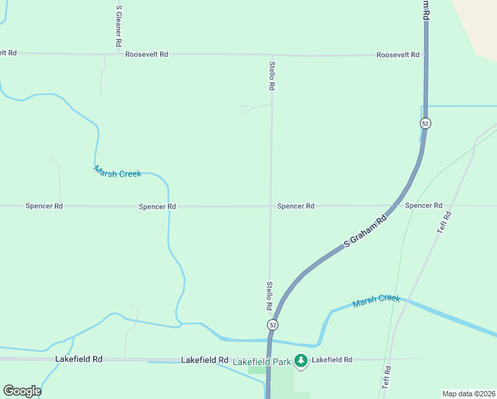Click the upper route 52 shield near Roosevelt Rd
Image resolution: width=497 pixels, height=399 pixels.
point(425,123)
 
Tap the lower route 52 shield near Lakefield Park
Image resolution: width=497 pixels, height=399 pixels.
point(272,325)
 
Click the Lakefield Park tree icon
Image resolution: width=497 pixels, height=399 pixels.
point(301,360)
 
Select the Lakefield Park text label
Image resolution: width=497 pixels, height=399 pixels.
point(262,362)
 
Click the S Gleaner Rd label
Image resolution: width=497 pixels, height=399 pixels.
point(118,25)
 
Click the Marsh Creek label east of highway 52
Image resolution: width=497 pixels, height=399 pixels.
point(376,300)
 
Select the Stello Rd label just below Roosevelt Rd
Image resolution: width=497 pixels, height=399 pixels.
point(272,76)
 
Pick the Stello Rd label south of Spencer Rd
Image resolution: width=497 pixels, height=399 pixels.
point(270,295)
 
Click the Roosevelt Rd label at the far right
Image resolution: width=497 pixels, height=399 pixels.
point(397,55)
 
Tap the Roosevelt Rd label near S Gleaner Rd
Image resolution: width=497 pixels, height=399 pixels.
point(147,54)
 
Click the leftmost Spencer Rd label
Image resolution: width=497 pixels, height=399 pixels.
point(44,206)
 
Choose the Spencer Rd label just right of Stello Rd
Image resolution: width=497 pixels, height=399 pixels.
point(296,206)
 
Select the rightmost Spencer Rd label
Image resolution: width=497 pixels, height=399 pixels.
point(423,205)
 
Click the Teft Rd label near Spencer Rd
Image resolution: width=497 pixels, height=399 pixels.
point(444,221)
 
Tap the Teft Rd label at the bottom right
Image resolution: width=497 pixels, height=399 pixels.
point(387,377)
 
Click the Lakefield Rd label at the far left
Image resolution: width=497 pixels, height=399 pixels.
point(78,359)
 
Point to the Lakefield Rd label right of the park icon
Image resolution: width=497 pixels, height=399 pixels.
point(332,359)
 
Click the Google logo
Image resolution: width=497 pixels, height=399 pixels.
point(22,391)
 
